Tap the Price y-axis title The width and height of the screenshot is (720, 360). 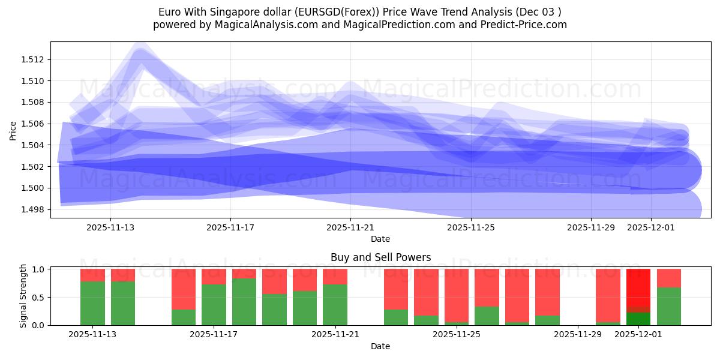tap(13, 130)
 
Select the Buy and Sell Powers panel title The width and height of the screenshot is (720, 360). tap(380, 257)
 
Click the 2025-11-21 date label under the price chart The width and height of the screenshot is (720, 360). tap(351, 227)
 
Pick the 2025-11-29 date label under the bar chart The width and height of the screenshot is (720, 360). tap(577, 335)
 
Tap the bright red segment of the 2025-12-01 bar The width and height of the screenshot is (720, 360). tap(638, 288)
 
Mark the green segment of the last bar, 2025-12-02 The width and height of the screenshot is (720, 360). tap(668, 306)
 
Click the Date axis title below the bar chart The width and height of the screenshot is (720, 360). tap(380, 346)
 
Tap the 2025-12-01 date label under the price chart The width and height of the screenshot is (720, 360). tap(651, 227)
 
